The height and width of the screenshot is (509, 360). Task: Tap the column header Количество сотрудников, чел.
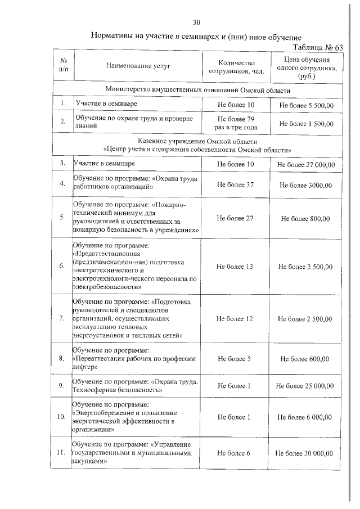(x=236, y=67)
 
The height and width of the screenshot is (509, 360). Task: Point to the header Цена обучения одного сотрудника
(x=307, y=67)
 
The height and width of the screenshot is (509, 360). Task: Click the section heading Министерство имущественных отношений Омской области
(x=197, y=90)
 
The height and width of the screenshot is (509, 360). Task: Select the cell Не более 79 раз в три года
(x=236, y=123)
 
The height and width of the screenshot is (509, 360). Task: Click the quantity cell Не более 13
(x=236, y=266)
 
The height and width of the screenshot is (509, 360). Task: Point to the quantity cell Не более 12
(x=236, y=318)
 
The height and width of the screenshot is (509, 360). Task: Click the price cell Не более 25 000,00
(x=305, y=386)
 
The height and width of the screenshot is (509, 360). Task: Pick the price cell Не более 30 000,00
(x=305, y=453)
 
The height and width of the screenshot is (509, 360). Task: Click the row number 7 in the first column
(x=62, y=318)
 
